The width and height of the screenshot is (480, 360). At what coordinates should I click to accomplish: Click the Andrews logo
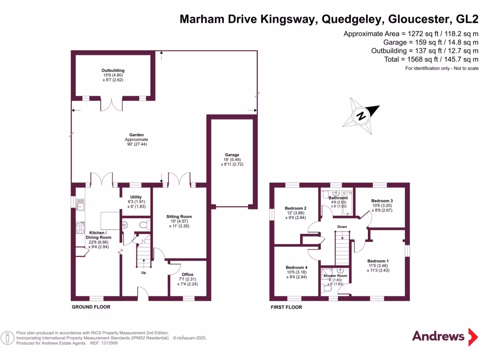pos(438,336)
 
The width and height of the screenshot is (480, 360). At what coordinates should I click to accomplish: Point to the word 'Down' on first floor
pos(342,227)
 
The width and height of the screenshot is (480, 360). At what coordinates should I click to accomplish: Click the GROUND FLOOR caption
pos(91,307)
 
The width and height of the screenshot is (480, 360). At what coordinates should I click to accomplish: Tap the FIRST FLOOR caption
pos(286,307)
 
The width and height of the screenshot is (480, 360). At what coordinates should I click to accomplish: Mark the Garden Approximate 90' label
pos(136,140)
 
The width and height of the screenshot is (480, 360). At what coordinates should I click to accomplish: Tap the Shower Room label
pos(335,276)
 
